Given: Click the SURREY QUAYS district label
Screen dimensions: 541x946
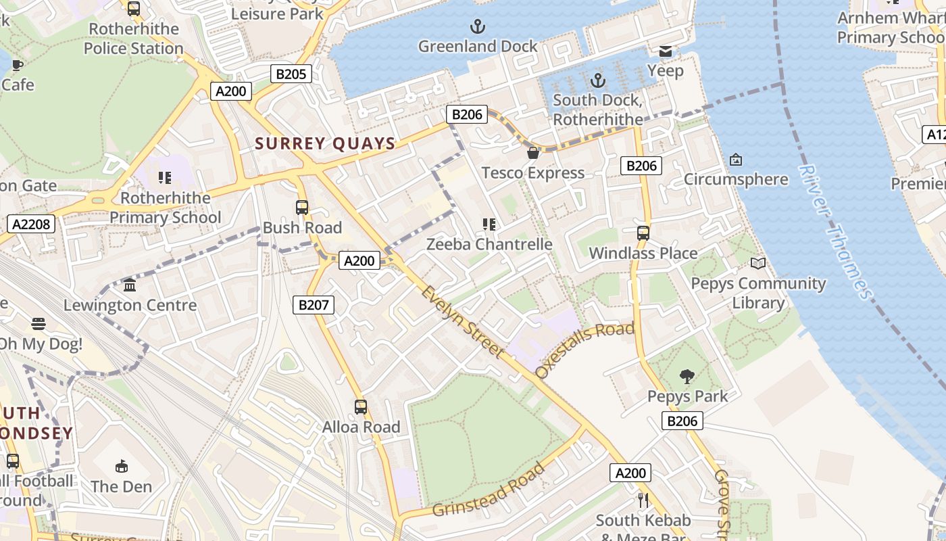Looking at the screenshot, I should pyautogui.click(x=325, y=143).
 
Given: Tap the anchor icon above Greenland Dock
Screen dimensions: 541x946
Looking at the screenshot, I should pyautogui.click(x=478, y=27).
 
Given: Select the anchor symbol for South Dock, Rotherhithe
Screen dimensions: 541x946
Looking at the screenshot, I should pyautogui.click(x=597, y=81).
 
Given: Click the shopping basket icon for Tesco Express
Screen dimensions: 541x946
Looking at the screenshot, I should pyautogui.click(x=533, y=153).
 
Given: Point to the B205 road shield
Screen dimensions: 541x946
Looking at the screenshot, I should pyautogui.click(x=291, y=74).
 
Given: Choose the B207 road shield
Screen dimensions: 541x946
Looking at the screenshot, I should pyautogui.click(x=314, y=305).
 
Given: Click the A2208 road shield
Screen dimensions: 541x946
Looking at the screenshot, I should pyautogui.click(x=32, y=224).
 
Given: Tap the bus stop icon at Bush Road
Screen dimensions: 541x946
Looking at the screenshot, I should pyautogui.click(x=302, y=208).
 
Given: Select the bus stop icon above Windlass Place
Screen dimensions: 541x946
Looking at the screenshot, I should pyautogui.click(x=643, y=233).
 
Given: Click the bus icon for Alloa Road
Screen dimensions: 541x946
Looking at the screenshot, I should pyautogui.click(x=361, y=407).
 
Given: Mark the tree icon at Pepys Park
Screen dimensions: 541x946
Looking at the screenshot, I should pyautogui.click(x=687, y=376).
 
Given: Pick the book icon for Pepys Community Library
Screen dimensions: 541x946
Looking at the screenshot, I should pyautogui.click(x=758, y=264).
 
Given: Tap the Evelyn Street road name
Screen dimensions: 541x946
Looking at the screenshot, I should pyautogui.click(x=463, y=322).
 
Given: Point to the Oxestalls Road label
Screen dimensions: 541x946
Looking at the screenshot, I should pyautogui.click(x=585, y=350).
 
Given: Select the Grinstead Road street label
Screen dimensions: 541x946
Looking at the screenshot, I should pyautogui.click(x=489, y=490).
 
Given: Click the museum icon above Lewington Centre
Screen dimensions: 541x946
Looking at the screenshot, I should pyautogui.click(x=130, y=285).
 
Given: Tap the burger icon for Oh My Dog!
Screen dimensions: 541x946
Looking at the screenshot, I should pyautogui.click(x=39, y=324).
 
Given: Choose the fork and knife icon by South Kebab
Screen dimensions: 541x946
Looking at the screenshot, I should pyautogui.click(x=643, y=500).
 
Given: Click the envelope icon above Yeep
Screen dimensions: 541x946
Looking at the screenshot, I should pyautogui.click(x=666, y=51).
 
